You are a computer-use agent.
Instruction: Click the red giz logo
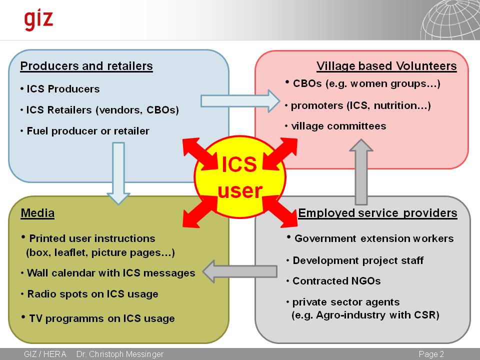coord(38,20)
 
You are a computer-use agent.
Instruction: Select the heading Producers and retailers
coord(86,66)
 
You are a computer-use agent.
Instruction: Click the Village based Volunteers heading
coord(386,66)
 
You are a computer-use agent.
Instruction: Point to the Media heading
coord(37,213)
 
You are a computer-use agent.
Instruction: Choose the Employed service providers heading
coord(377,213)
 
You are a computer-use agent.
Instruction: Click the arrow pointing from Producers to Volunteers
coord(240,101)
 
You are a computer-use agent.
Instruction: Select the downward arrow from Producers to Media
coord(118,173)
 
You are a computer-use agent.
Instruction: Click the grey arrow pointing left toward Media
coord(240,271)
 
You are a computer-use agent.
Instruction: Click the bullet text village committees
coord(338,126)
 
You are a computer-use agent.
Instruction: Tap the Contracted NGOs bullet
coord(336,281)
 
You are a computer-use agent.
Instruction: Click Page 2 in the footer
coord(431,354)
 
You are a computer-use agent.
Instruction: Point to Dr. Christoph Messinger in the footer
coord(119,354)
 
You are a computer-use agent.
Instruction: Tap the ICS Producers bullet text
coord(63,89)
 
